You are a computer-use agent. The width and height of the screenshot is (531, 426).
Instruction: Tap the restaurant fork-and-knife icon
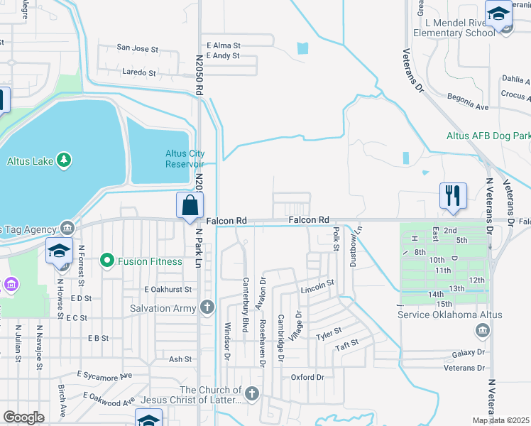[x=452, y=195]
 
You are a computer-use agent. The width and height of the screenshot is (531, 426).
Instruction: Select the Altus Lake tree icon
[x=64, y=160]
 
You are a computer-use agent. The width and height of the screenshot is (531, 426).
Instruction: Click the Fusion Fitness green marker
[x=107, y=261]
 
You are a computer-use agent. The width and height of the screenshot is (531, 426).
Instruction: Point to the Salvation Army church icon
[x=207, y=308]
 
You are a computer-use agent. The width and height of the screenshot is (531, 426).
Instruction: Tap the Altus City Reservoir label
[x=185, y=158]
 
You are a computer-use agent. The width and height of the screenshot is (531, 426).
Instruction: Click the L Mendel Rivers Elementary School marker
[x=498, y=14]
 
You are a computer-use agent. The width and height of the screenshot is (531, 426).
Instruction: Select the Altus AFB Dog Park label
[x=488, y=136]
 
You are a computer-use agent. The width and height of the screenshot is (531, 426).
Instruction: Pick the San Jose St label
[x=137, y=49]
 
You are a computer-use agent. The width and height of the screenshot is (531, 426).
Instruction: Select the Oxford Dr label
[x=307, y=377]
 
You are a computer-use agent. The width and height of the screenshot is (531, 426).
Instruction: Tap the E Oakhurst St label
[x=168, y=290]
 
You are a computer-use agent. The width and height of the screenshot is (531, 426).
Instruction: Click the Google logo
[x=23, y=417]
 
